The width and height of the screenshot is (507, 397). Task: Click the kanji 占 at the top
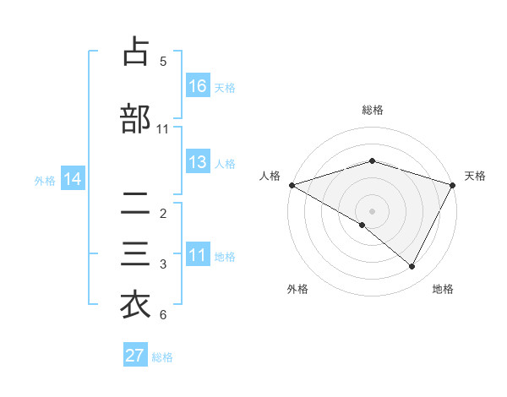tap(136, 52)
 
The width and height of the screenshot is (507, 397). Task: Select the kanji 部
tap(136, 119)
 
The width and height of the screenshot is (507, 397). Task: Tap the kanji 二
tap(136, 203)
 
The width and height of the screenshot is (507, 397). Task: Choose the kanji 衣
tap(136, 305)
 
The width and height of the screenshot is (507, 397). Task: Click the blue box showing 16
tap(198, 86)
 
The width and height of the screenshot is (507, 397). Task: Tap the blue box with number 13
tap(198, 162)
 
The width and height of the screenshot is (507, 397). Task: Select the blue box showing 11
tap(198, 255)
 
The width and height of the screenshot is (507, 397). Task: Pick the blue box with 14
tap(73, 179)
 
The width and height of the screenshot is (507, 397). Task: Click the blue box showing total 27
tap(135, 356)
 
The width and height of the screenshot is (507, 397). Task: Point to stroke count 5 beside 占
tap(163, 62)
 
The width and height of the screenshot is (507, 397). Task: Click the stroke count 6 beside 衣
tap(163, 315)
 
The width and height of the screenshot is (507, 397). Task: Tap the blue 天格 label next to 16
tap(225, 87)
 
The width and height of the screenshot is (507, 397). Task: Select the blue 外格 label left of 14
tap(45, 180)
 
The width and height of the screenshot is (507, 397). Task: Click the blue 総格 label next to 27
tap(162, 356)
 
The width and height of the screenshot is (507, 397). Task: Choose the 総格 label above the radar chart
tap(372, 110)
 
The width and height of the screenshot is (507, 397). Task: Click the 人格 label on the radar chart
tap(270, 176)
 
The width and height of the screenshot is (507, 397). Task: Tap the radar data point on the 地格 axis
tap(412, 267)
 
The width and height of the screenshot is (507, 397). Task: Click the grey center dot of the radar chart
tap(372, 210)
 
